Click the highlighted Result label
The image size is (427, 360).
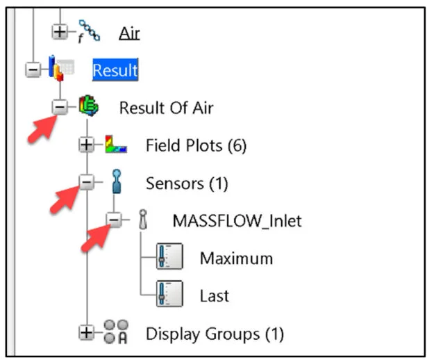pyautogui.click(x=115, y=69)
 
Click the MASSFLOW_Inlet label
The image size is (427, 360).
pyautogui.click(x=237, y=220)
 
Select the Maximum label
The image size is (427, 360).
pyautogui.click(x=236, y=259)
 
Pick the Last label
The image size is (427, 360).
pyautogui.click(x=215, y=296)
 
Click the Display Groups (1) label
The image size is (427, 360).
pyautogui.click(x=215, y=334)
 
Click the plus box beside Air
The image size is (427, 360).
pyautogui.click(x=60, y=31)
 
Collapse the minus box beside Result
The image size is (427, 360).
pyautogui.click(x=33, y=70)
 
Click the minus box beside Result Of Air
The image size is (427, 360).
pyautogui.click(x=60, y=107)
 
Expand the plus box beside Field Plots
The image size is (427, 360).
pyautogui.click(x=86, y=145)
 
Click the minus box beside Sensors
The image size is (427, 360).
pyautogui.click(x=86, y=183)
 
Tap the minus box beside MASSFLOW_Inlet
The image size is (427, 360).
pyautogui.click(x=114, y=220)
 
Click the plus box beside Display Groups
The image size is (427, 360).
pyautogui.click(x=86, y=333)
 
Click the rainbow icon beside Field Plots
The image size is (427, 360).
pyautogui.click(x=116, y=145)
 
